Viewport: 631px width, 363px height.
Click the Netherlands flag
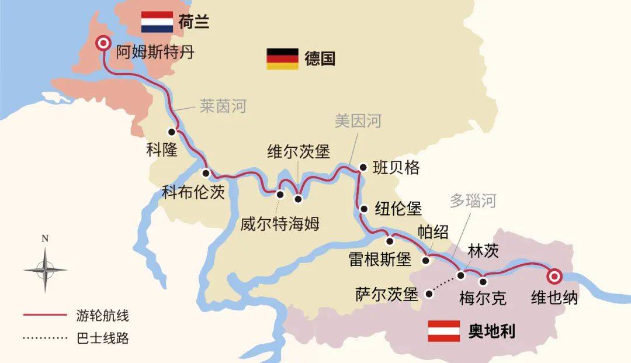[x=157, y=22]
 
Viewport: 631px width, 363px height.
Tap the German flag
[x=283, y=58]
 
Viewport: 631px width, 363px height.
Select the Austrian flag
[x=444, y=331]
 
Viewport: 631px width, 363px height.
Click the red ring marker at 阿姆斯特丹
[x=104, y=43]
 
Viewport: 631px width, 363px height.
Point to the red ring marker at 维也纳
[x=553, y=276]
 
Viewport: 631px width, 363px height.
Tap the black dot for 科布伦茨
[x=206, y=173]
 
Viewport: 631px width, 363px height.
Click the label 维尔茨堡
[x=299, y=152]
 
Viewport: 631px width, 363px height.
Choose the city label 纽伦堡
[x=398, y=209]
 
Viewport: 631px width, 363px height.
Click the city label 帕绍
[x=433, y=231]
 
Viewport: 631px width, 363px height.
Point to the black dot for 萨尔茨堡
[x=429, y=294]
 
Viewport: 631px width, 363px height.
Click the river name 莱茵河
[x=223, y=106]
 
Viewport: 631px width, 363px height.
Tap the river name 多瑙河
[x=473, y=202]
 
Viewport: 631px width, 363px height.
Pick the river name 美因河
[x=358, y=121]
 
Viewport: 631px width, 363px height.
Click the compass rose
[x=45, y=269]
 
